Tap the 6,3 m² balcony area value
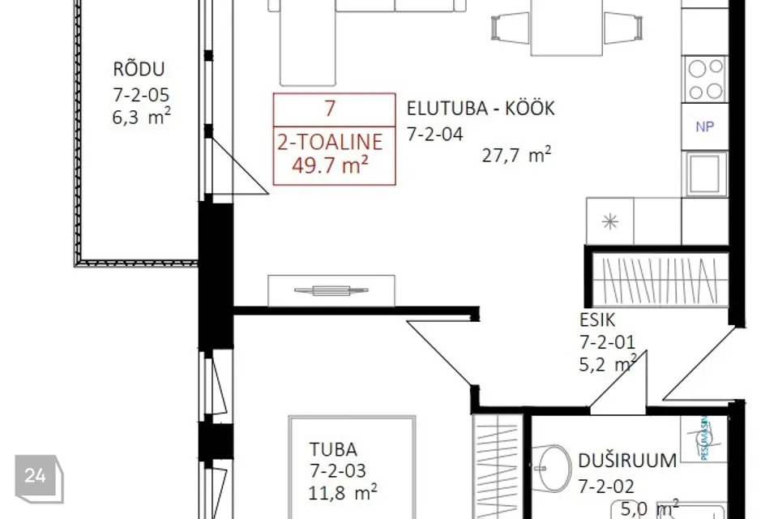coord(142,118)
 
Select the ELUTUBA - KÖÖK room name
coord(481,109)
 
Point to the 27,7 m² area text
coord(516,156)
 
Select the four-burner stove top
coord(704,79)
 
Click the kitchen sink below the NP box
coord(704,173)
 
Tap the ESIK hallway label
coord(597,320)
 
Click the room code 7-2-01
coord(607,342)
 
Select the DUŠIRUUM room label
coord(627,461)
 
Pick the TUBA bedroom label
coord(333,449)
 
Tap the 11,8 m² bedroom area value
coord(343,491)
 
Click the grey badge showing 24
coord(35,476)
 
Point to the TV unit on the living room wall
coord(331,290)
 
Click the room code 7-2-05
coord(142,94)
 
